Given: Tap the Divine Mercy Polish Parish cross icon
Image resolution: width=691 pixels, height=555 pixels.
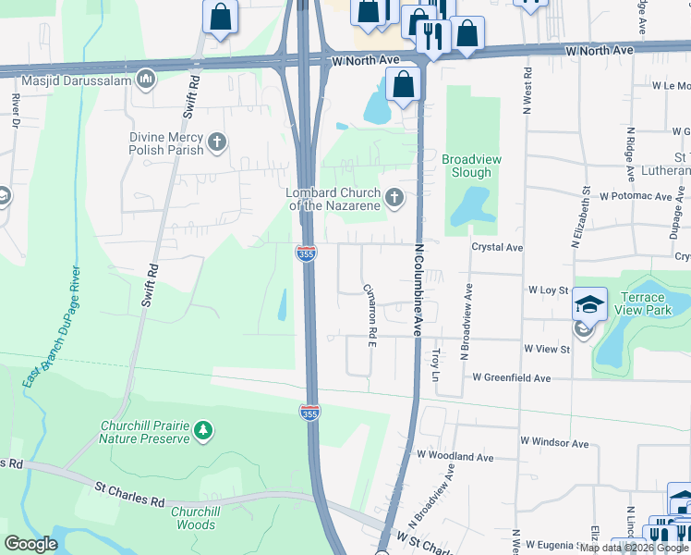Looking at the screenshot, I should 217,142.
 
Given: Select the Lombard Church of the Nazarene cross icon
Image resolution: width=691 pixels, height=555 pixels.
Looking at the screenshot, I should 394,196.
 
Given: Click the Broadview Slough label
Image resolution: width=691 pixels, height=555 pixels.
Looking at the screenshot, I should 471,166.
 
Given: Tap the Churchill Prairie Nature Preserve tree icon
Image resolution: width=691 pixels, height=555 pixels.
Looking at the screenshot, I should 203,429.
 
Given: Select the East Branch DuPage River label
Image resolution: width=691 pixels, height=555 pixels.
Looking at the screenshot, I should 58,325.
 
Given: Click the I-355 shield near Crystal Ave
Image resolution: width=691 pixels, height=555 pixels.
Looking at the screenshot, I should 307,252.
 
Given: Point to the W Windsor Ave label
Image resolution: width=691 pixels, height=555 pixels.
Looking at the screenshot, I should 554,442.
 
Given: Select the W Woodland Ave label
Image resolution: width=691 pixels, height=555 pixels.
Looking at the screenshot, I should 455,456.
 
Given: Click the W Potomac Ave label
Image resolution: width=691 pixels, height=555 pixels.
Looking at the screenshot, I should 636,196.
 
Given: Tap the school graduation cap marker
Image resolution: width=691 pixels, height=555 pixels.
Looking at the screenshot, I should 589,304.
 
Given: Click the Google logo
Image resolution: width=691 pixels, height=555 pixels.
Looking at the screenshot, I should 30,544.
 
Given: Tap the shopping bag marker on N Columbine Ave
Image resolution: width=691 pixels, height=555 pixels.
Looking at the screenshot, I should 404,85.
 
